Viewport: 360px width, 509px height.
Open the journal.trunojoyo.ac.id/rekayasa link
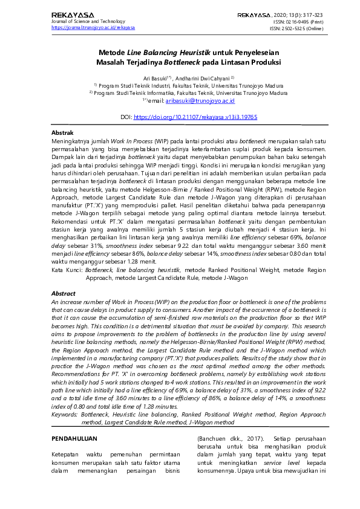click(93, 27)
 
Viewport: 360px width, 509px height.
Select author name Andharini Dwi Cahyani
click(201, 79)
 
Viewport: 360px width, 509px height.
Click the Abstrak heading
click(62, 132)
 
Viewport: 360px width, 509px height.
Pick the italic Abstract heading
click(64, 293)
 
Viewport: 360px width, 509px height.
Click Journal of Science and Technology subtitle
click(87, 21)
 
